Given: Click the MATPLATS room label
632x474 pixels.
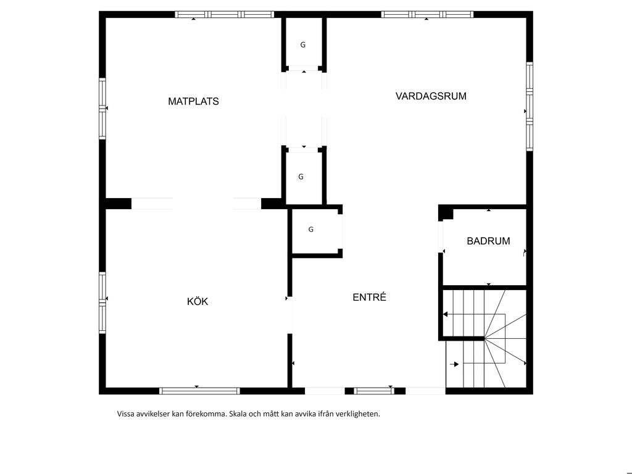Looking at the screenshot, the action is (193, 101).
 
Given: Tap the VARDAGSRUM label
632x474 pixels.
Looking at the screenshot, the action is (431, 96).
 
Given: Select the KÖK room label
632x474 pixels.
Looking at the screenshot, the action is (197, 301).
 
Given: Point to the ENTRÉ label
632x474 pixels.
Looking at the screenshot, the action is (369, 297).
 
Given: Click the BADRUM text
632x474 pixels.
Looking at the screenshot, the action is (488, 241).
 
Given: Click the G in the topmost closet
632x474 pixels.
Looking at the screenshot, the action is (302, 44).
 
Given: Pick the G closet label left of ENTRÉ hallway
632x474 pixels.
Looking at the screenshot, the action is (311, 230).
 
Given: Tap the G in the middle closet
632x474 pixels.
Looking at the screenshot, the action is (301, 177).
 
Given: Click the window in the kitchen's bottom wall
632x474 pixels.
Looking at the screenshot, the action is (199, 391).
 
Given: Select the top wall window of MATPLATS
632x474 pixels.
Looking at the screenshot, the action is (225, 15).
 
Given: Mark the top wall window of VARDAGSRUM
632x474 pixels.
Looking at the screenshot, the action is (427, 15).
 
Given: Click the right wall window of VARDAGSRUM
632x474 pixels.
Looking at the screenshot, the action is (530, 106).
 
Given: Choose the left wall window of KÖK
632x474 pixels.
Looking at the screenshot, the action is (102, 302).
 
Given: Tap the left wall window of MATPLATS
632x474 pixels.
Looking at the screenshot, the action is (102, 109).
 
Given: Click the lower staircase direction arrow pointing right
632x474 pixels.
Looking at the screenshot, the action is (454, 364).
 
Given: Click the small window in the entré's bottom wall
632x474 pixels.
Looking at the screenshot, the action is (374, 391).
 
